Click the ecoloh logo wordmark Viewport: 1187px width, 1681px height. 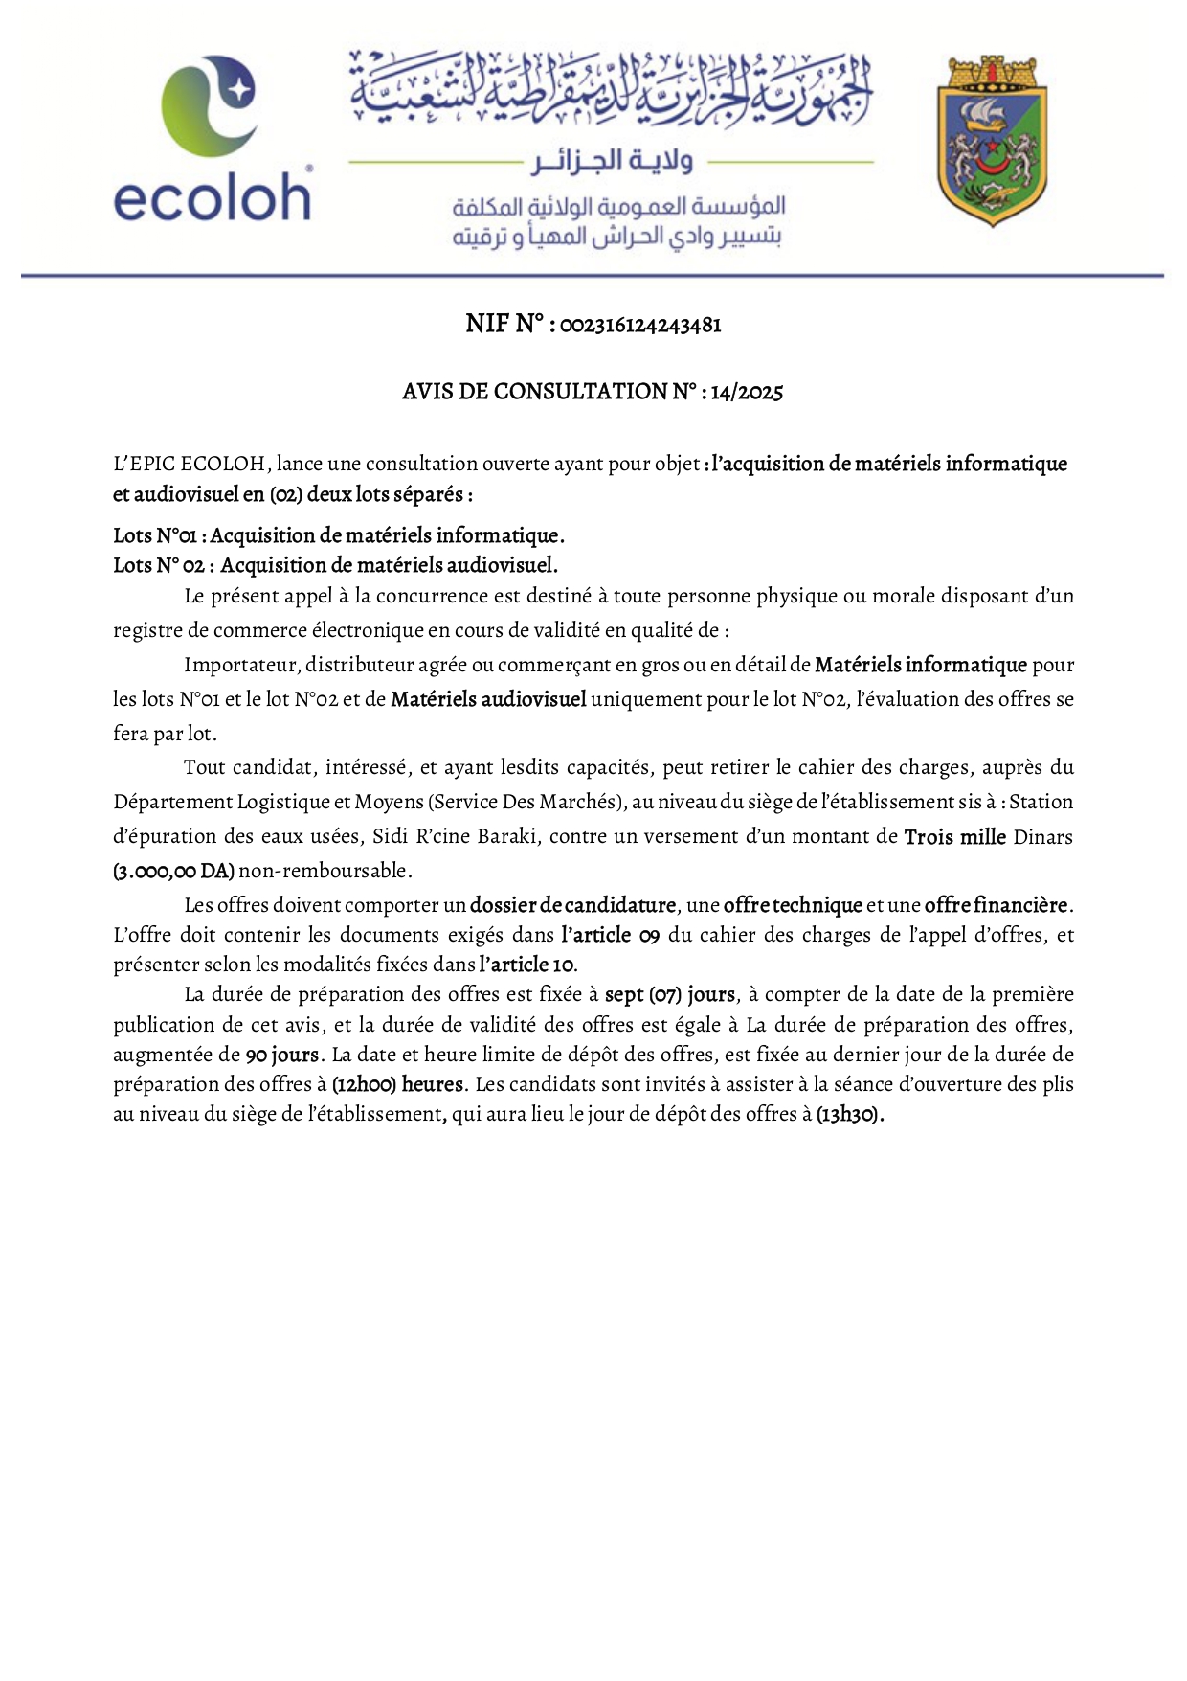click(212, 198)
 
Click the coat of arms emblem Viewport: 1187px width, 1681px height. click(992, 141)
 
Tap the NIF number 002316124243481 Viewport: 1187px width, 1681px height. click(639, 326)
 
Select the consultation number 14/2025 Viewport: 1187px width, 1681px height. click(747, 392)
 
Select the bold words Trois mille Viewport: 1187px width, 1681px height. click(954, 837)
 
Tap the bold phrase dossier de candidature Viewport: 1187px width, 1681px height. click(572, 905)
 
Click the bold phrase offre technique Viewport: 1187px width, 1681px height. click(793, 905)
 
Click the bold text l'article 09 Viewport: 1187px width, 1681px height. click(611, 935)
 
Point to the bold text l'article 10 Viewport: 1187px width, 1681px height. click(527, 965)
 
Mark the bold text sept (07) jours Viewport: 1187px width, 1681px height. click(670, 995)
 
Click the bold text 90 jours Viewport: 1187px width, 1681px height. click(281, 1056)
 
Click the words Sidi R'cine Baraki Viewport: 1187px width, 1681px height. click(456, 837)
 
